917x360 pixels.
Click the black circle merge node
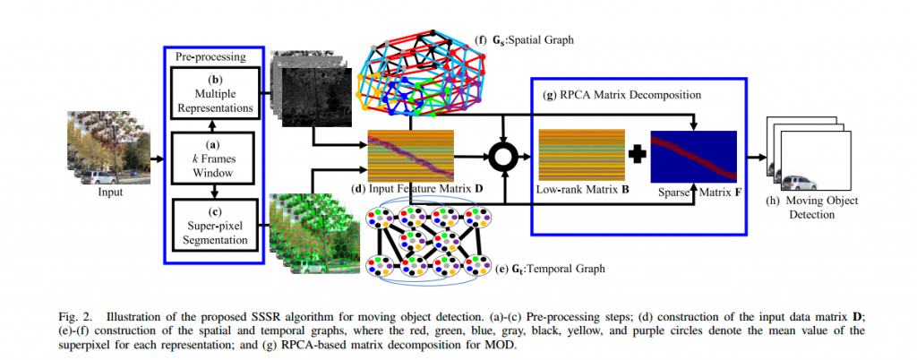coord(504,158)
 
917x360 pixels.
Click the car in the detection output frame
coord(800,183)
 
